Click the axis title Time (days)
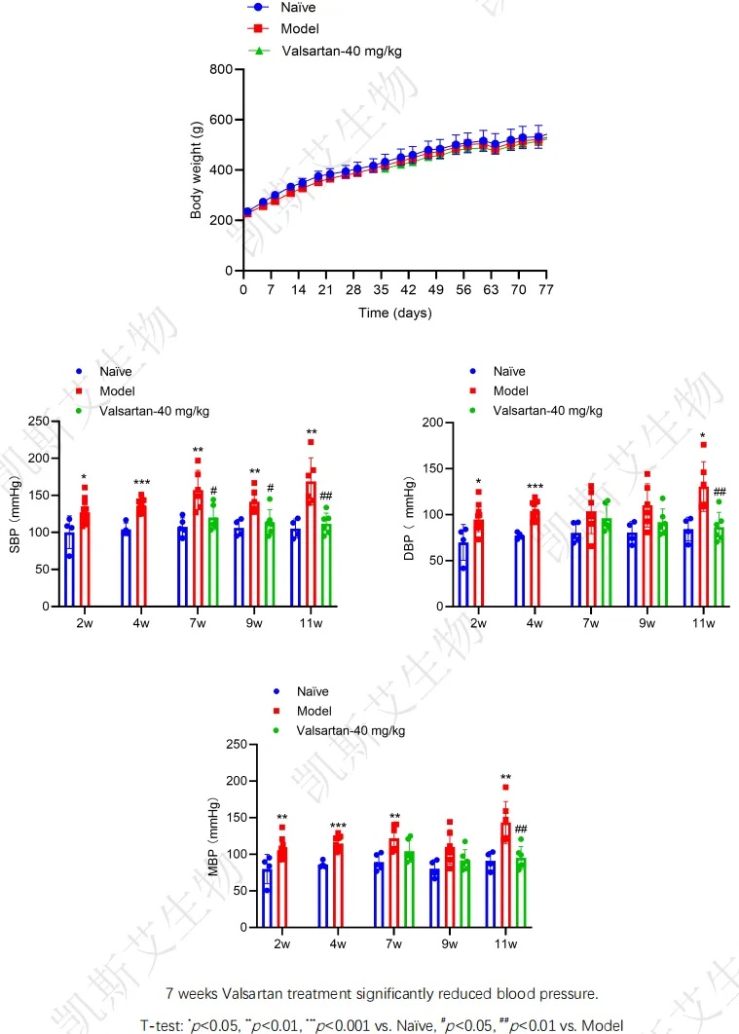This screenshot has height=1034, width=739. click(x=393, y=313)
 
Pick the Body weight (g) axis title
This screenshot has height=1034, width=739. click(x=197, y=169)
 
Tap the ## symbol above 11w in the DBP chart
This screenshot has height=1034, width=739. click(x=721, y=492)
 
